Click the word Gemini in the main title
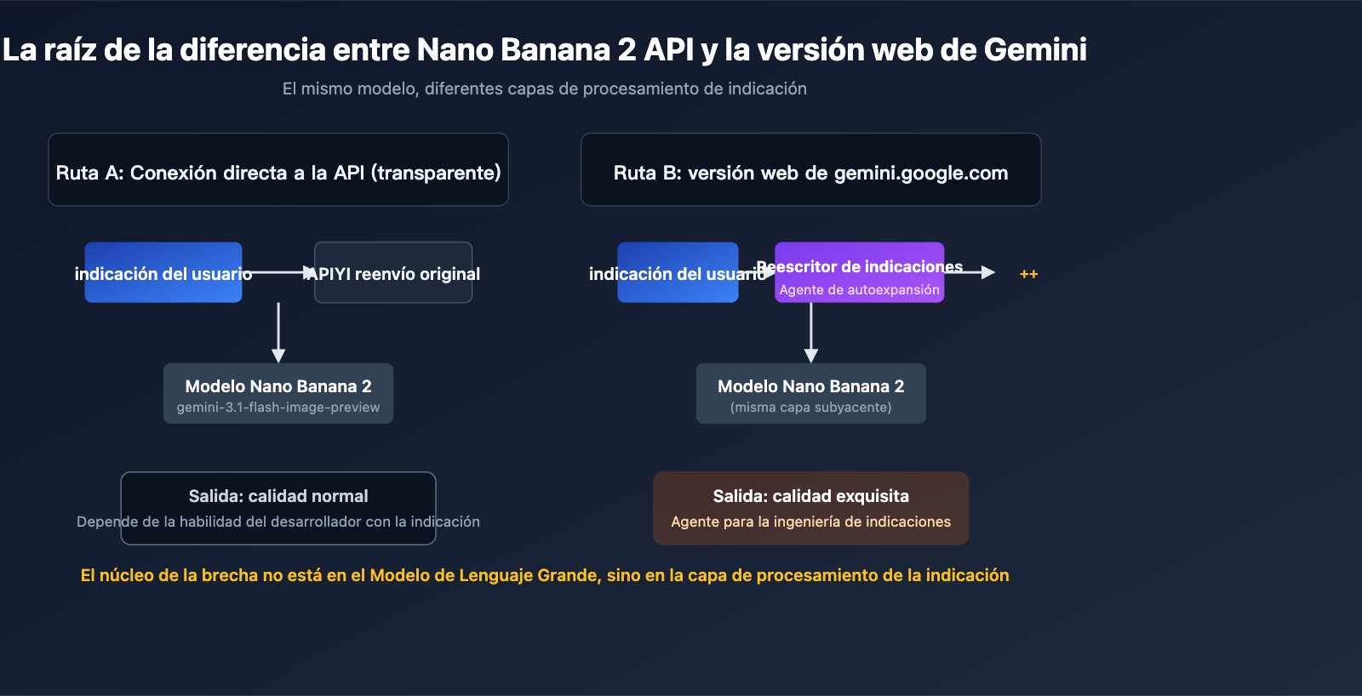1035,49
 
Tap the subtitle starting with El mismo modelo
544,88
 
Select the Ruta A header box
278,170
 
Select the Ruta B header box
810,170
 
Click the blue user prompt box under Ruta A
163,272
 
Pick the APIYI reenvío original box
393,272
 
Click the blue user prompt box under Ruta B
678,272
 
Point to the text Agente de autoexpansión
859,290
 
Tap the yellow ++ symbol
1028,274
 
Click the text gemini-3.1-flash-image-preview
278,408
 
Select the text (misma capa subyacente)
810,408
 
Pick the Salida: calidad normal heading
278,496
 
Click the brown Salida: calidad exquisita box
810,508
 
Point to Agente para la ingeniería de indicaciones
810,522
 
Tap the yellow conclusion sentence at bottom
545,575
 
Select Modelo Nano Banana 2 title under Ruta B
810,386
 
